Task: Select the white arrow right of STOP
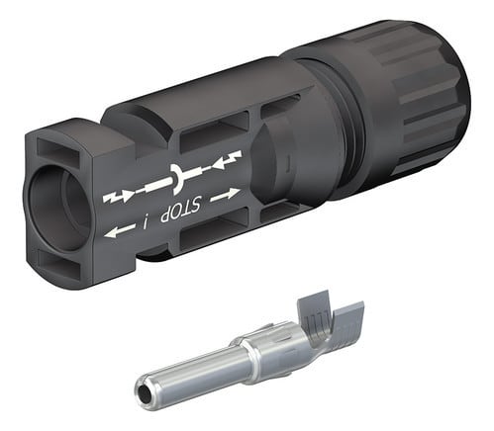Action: click(x=225, y=195)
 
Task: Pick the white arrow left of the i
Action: click(x=119, y=231)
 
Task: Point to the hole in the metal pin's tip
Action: click(x=144, y=393)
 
